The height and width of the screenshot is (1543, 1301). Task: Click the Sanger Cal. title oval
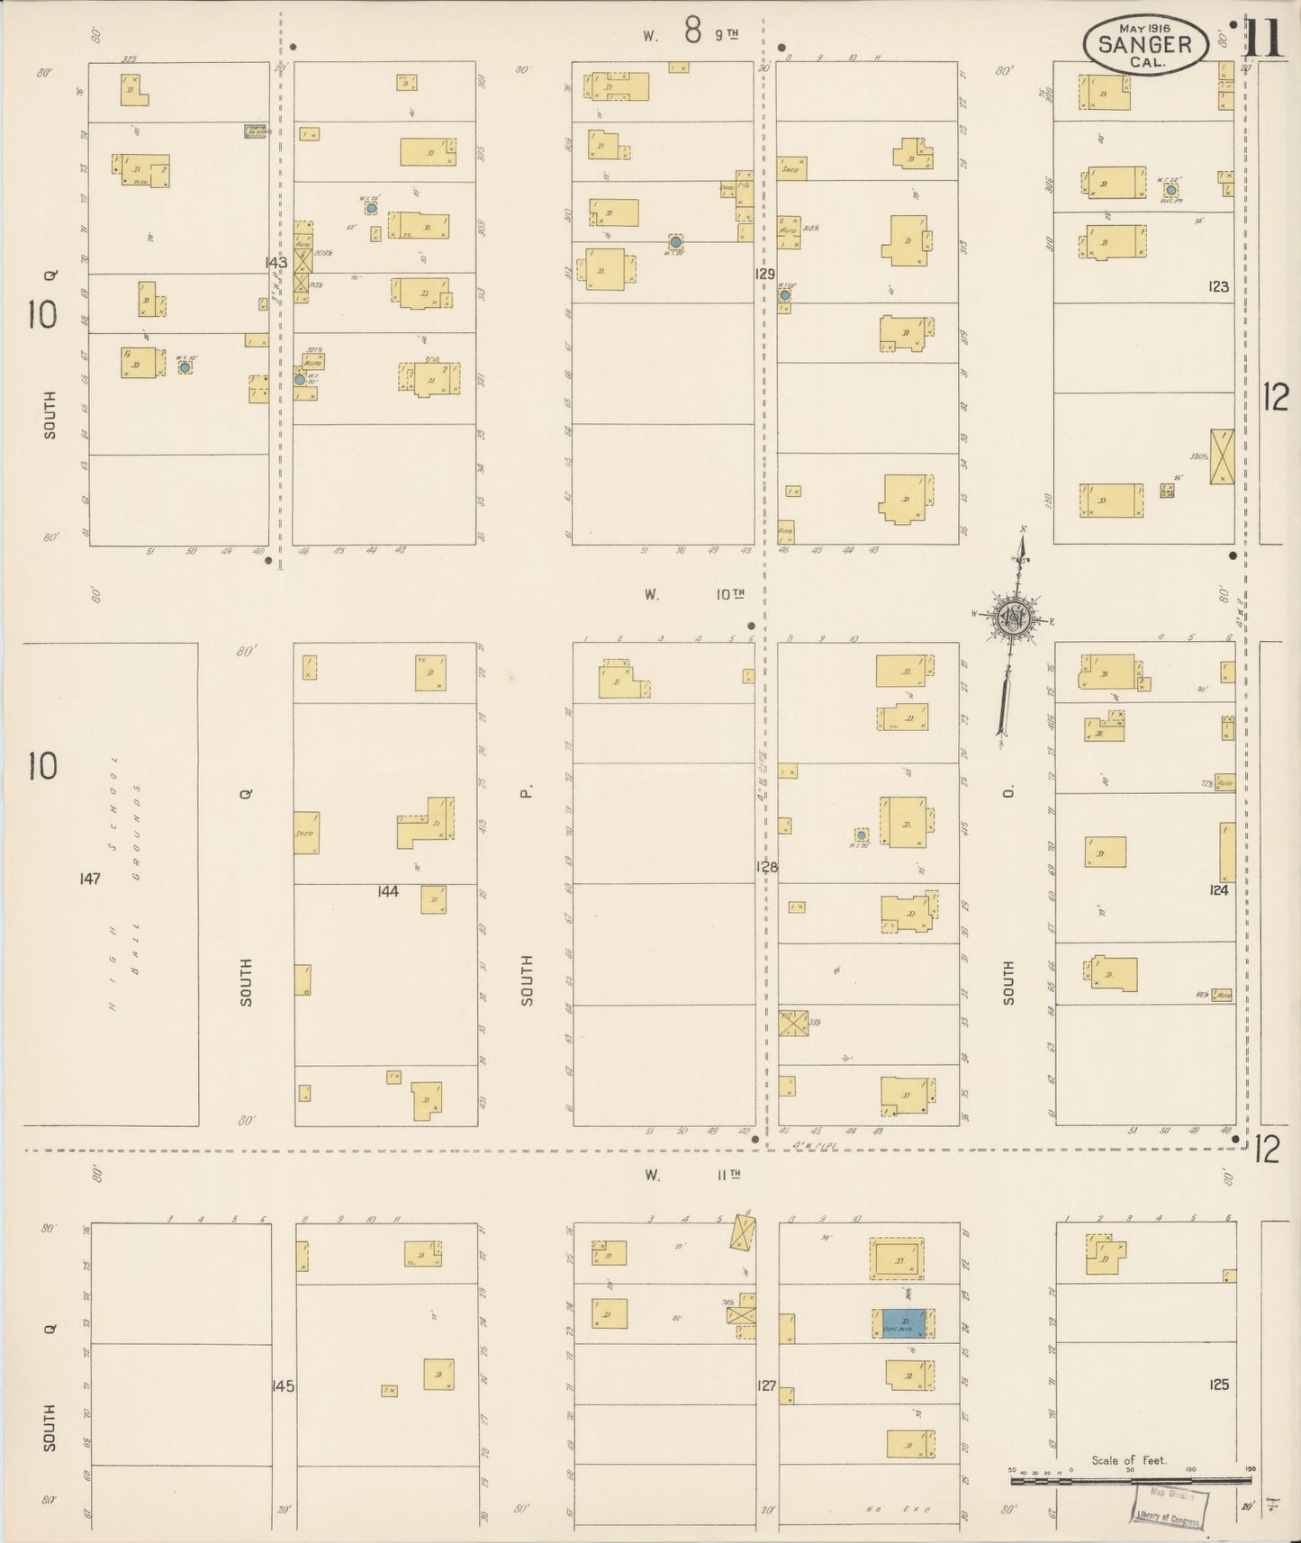coord(1144,45)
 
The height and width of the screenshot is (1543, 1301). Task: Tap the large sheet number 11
coord(1265,39)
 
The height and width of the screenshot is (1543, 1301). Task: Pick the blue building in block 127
coord(903,1323)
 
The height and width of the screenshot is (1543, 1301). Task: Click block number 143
coord(276,263)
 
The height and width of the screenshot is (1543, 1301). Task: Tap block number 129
coord(765,274)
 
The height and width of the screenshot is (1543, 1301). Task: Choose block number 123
coord(1218,287)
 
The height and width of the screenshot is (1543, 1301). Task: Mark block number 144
coord(388,891)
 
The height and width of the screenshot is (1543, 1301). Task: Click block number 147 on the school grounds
coord(89,879)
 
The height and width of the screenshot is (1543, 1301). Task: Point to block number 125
coord(1218,1385)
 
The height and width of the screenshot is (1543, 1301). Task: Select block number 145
coord(283,1386)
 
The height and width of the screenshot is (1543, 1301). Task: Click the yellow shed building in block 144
coord(306,833)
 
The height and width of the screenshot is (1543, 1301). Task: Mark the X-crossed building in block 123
coord(1222,457)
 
